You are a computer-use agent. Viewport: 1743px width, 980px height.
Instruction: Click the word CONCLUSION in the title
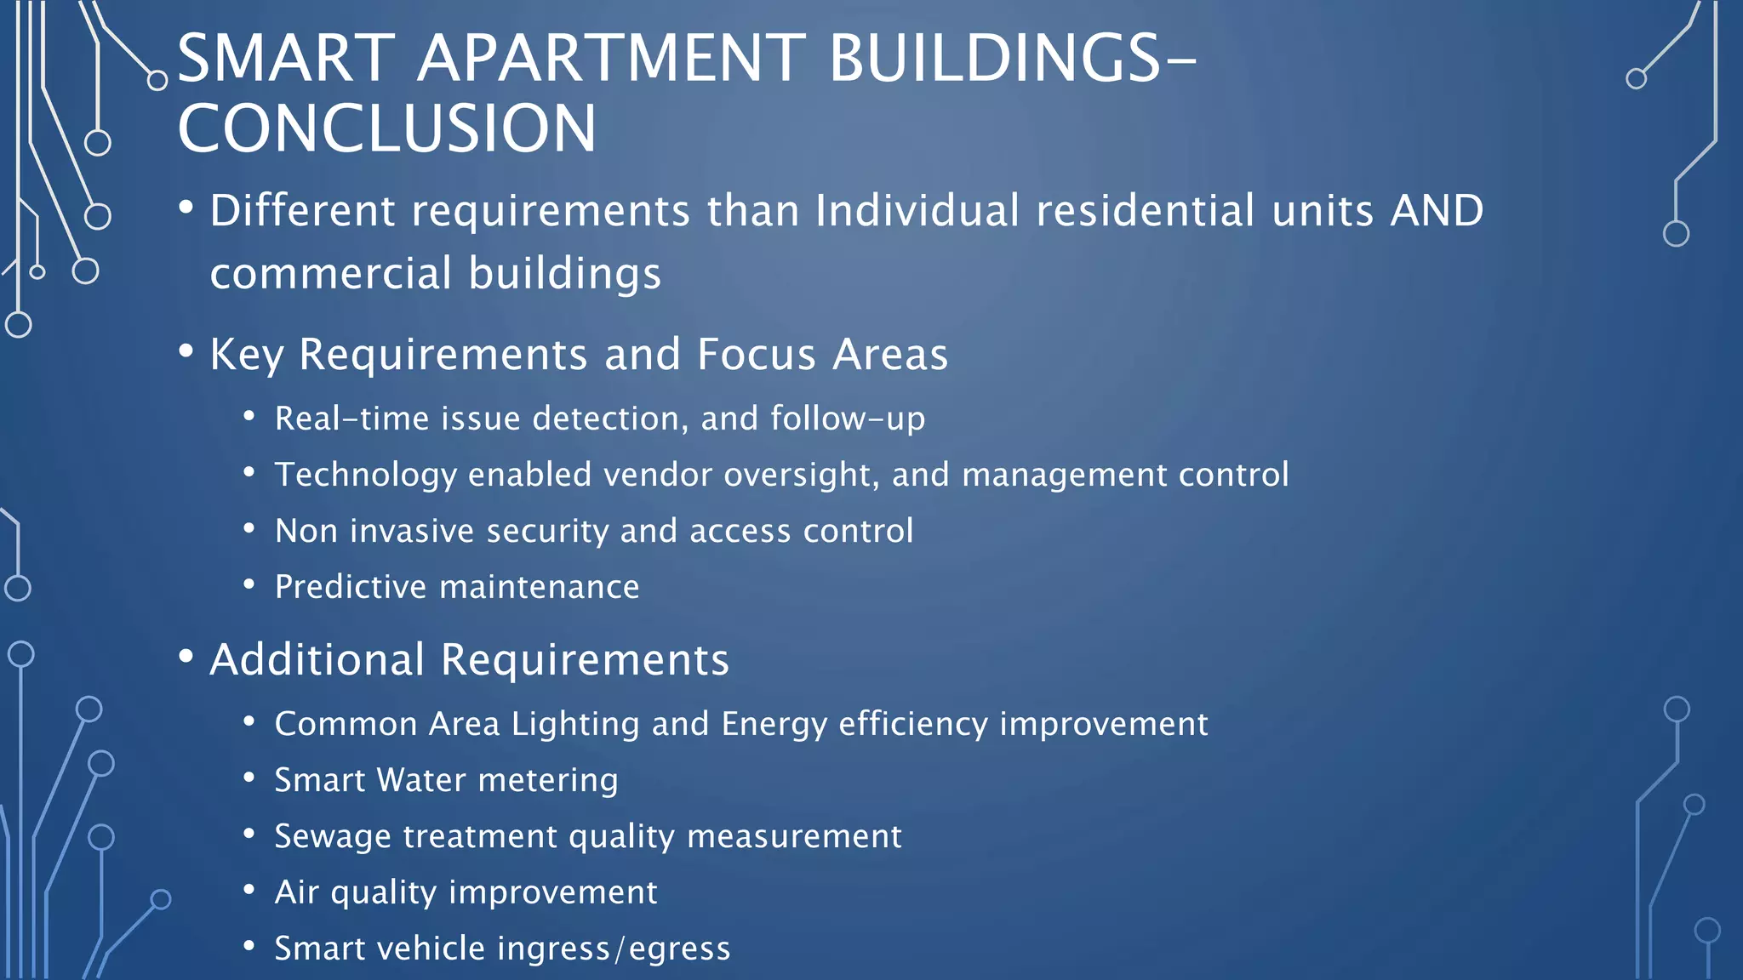click(387, 128)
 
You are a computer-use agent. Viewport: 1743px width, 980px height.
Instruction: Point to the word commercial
click(331, 274)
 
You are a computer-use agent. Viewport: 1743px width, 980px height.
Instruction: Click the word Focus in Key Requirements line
click(757, 354)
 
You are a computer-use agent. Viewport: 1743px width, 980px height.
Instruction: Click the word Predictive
click(351, 587)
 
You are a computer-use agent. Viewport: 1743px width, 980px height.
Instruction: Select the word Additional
click(317, 659)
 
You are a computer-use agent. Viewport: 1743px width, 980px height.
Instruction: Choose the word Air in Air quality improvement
click(296, 892)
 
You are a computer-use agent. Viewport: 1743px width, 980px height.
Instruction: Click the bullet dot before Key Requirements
click(186, 351)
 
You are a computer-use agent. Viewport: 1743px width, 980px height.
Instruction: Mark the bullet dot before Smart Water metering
click(249, 778)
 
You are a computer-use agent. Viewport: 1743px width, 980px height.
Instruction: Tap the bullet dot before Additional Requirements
click(186, 657)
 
